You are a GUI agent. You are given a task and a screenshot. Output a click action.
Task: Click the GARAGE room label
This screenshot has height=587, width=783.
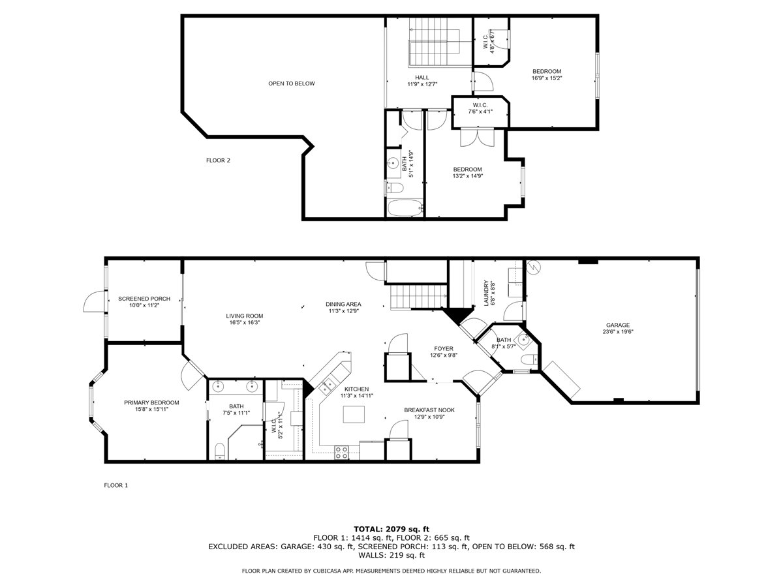(617, 325)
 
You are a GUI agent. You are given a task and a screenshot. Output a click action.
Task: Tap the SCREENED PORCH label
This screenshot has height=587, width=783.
(144, 299)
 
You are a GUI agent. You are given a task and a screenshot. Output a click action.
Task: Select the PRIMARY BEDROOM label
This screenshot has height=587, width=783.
(151, 402)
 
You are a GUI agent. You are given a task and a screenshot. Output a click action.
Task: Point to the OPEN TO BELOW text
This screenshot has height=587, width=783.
(292, 83)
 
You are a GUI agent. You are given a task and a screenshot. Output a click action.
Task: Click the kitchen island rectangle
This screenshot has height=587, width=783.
(353, 414)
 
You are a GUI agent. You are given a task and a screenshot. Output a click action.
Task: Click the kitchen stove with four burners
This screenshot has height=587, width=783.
(341, 451)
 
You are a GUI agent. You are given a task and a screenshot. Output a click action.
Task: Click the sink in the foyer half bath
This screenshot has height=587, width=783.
(523, 339)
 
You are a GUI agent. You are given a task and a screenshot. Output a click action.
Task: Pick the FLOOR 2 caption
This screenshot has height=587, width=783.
(218, 160)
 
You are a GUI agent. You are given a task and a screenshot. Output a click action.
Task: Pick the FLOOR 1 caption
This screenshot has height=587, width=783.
(116, 485)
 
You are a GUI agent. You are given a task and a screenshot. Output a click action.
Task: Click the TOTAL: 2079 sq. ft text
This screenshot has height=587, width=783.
(391, 529)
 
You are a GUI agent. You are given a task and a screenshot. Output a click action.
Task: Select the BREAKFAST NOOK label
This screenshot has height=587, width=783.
(429, 410)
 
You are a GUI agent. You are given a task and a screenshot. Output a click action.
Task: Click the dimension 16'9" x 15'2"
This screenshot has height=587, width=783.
(547, 78)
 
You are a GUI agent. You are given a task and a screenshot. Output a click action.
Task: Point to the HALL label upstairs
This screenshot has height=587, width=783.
(422, 77)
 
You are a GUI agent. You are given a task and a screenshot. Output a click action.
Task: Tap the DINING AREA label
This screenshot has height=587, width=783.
(344, 304)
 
